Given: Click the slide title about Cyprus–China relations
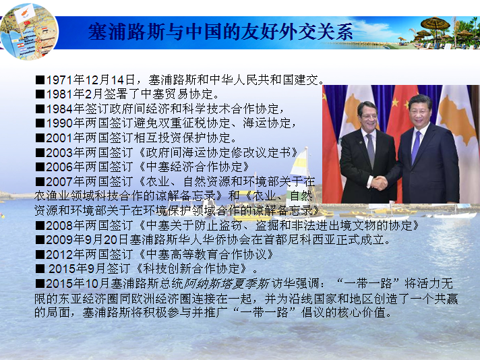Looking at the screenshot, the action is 220,32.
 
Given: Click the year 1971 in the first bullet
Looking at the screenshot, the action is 59,80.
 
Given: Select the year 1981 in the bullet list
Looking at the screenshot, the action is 59,94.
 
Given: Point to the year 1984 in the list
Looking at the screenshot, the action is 59,109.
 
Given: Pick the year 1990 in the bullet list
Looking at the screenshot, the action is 59,123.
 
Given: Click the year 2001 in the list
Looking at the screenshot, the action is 59,138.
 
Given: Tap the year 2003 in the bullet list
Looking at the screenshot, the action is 59,152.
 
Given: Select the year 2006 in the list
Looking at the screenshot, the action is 59,167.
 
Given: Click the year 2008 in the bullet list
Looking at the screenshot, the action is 59,226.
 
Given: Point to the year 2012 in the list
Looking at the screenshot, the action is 59,254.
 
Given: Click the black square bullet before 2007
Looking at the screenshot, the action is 40,182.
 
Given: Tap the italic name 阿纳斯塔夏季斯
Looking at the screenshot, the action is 227,284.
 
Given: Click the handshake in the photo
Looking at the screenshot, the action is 379,183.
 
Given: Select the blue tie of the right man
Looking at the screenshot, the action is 416,147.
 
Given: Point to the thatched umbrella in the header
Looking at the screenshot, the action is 436,24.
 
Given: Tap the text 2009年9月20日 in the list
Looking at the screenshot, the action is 87,240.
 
